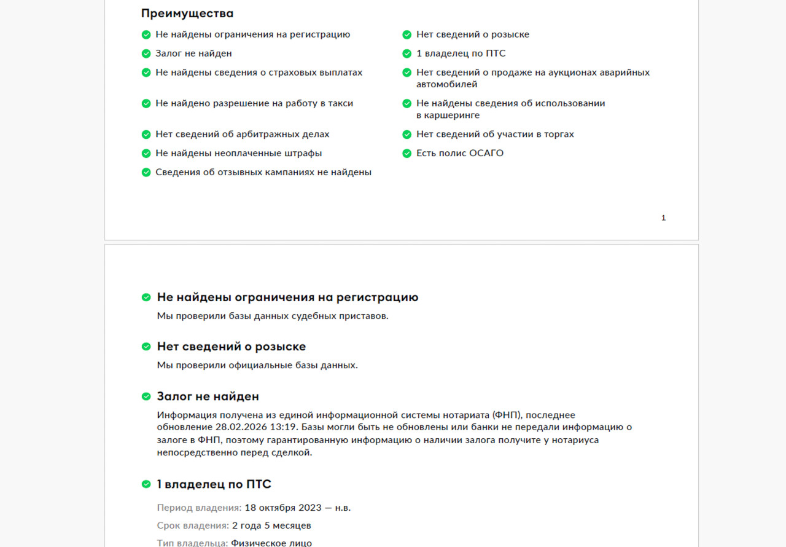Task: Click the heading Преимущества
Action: pos(187,14)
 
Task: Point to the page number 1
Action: pos(663,218)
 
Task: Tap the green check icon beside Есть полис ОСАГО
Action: pos(407,154)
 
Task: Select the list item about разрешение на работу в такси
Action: pos(254,104)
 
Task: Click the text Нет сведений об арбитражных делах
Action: pos(243,135)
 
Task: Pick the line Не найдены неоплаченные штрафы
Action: pos(239,154)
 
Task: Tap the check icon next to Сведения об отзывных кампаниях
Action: pos(146,173)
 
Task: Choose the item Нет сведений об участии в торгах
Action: pos(495,135)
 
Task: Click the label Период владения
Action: pos(199,508)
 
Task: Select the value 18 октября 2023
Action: pos(283,508)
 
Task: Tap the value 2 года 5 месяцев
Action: pos(271,526)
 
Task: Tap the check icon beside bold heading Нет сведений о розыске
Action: pos(146,347)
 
